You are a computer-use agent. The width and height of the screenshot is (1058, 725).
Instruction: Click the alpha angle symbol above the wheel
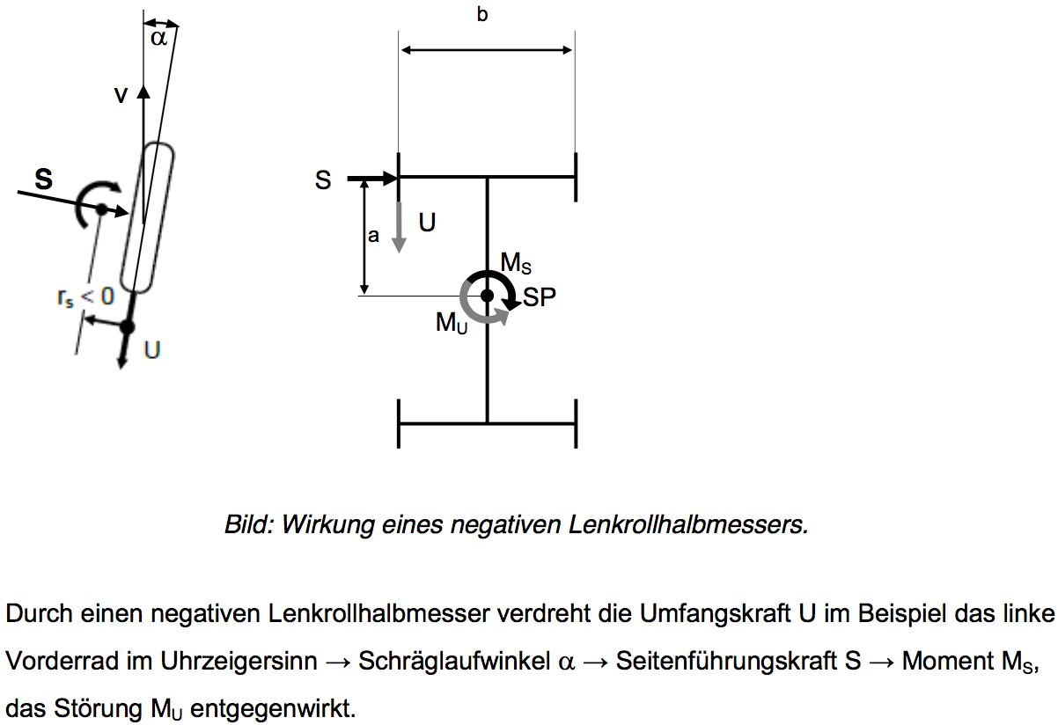(x=158, y=38)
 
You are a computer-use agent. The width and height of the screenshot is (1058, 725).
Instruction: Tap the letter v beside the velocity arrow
(x=120, y=96)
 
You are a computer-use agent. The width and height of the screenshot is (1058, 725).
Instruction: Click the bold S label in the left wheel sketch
(x=42, y=180)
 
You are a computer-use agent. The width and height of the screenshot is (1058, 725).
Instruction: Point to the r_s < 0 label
(x=84, y=297)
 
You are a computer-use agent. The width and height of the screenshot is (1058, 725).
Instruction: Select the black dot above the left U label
(x=127, y=327)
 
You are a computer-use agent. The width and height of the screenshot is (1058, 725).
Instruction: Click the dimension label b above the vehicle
(x=482, y=14)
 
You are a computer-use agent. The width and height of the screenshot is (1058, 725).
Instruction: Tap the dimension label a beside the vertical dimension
(x=373, y=236)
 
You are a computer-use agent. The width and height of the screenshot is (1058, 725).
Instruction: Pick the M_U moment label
(x=452, y=323)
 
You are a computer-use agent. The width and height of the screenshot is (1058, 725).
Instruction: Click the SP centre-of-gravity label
(x=540, y=297)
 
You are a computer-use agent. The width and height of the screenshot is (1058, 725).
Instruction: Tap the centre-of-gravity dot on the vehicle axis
(x=487, y=296)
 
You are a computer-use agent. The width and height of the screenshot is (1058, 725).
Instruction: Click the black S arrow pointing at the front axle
(x=373, y=179)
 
